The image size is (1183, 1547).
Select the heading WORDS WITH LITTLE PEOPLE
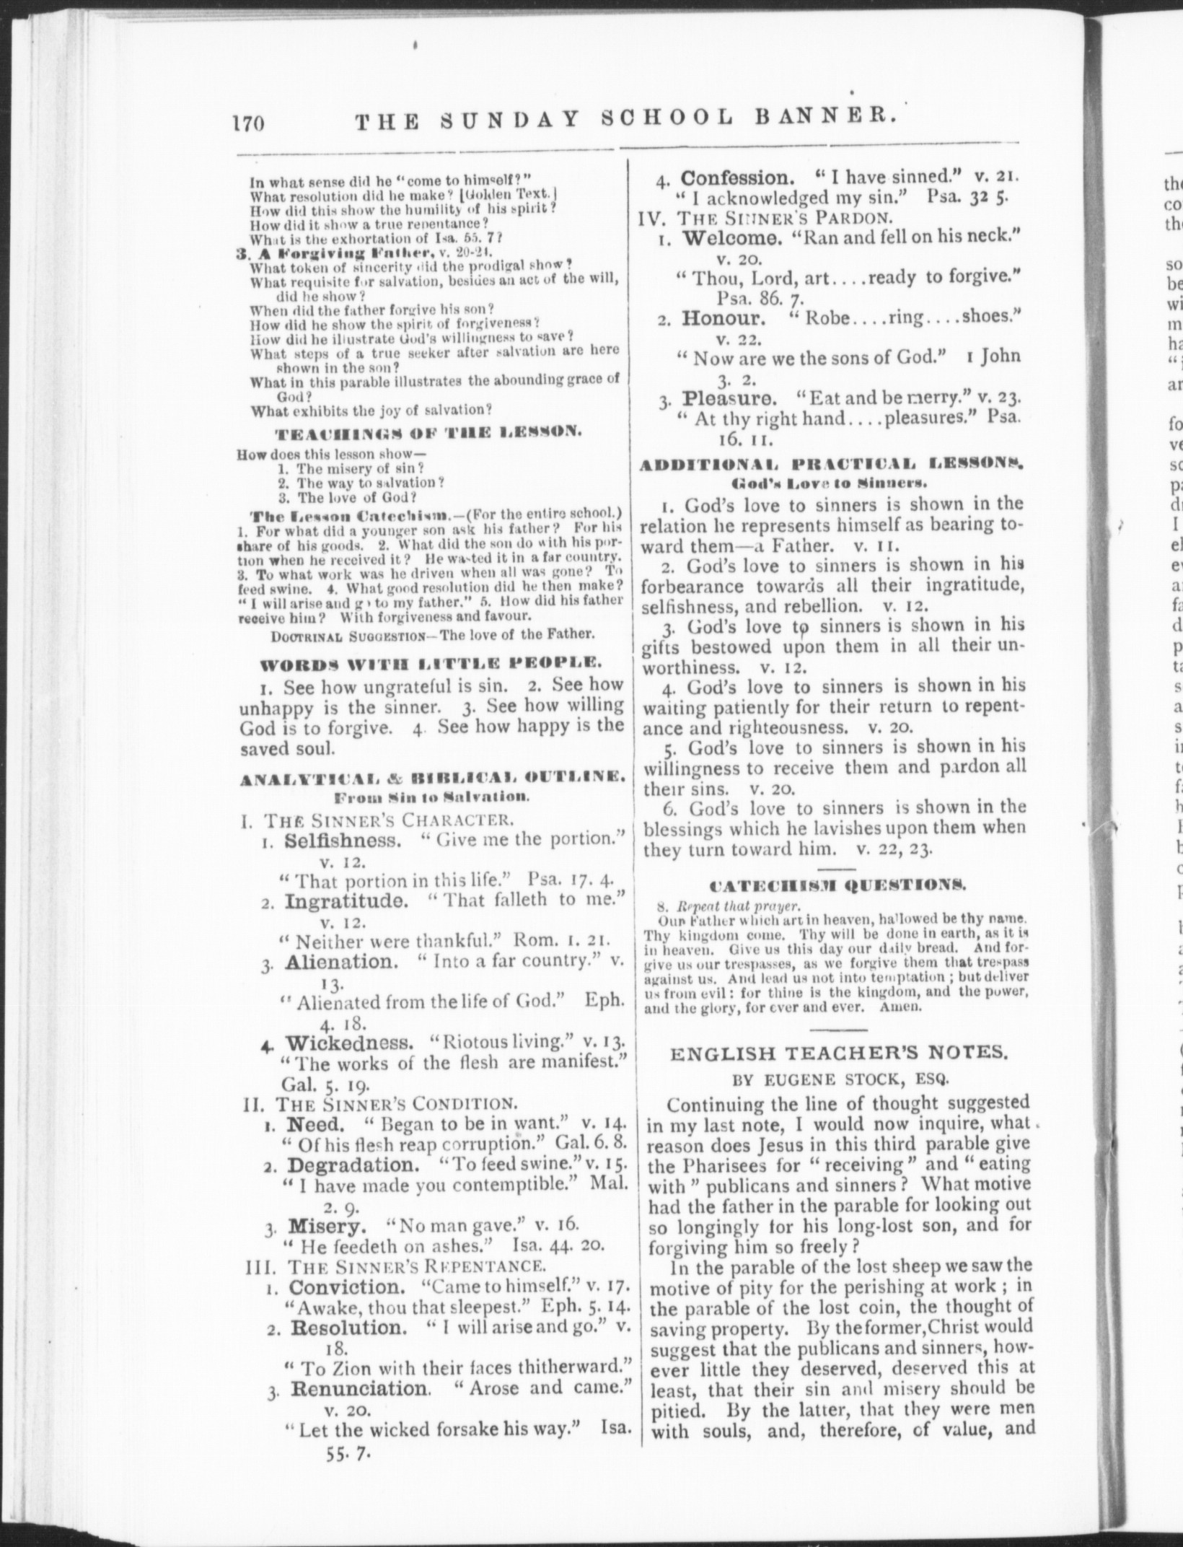point(431,661)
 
